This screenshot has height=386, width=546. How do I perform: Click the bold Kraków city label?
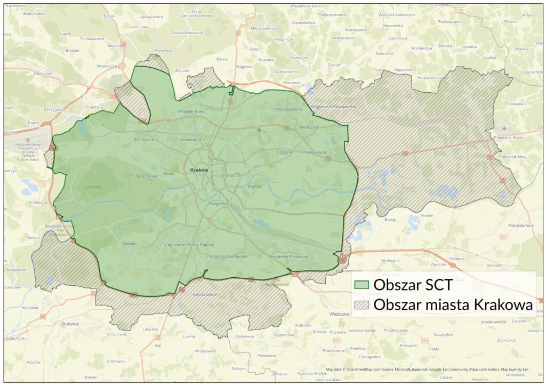198,170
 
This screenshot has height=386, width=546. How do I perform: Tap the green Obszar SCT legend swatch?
363,285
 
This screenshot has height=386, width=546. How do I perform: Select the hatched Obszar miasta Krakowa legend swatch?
363,305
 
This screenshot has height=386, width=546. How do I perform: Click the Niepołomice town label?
520,226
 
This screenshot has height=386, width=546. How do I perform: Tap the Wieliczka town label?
339,314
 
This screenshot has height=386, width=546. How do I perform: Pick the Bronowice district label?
144,139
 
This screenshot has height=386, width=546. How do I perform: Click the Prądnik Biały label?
191,111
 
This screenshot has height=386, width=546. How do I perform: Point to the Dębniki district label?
129,244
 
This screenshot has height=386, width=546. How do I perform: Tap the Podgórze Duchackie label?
227,256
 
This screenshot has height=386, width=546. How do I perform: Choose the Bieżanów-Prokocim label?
288,256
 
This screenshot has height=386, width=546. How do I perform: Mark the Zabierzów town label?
43,74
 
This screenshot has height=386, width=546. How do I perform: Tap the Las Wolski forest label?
93,187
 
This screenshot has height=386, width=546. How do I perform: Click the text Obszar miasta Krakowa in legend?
453,305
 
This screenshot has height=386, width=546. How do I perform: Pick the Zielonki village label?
182,70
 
